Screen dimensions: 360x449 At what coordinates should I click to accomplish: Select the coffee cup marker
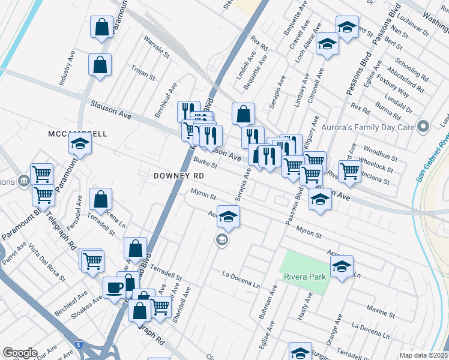click(114, 288)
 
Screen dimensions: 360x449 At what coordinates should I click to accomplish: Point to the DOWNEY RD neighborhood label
click(179, 175)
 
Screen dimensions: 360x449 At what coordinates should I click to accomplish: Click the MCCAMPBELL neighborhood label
click(77, 133)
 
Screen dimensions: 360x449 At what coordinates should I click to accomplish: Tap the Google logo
click(19, 353)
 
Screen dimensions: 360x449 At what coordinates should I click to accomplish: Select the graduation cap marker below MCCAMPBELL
click(79, 145)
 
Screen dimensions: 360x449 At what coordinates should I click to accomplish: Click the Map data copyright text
click(423, 355)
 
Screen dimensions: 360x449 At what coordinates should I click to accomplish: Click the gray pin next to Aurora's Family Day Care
click(424, 127)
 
